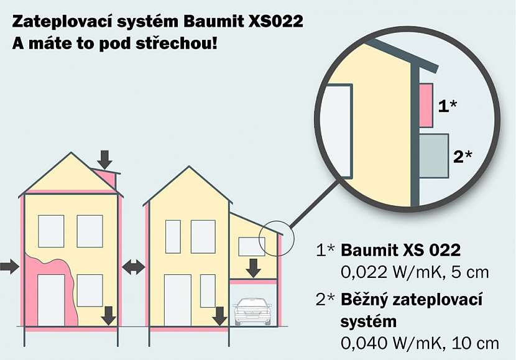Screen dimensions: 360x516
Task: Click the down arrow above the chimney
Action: pyautogui.click(x=105, y=159)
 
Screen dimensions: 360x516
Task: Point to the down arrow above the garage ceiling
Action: pyautogui.click(x=253, y=268)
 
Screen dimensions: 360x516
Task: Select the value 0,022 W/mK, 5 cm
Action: pyautogui.click(x=415, y=272)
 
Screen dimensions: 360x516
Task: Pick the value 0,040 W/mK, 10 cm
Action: pyautogui.click(x=420, y=343)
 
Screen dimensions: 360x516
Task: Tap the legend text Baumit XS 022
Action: pyautogui.click(x=401, y=251)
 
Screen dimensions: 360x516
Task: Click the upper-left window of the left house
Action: pyautogui.click(x=51, y=231)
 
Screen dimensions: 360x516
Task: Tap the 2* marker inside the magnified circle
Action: pyautogui.click(x=463, y=155)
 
